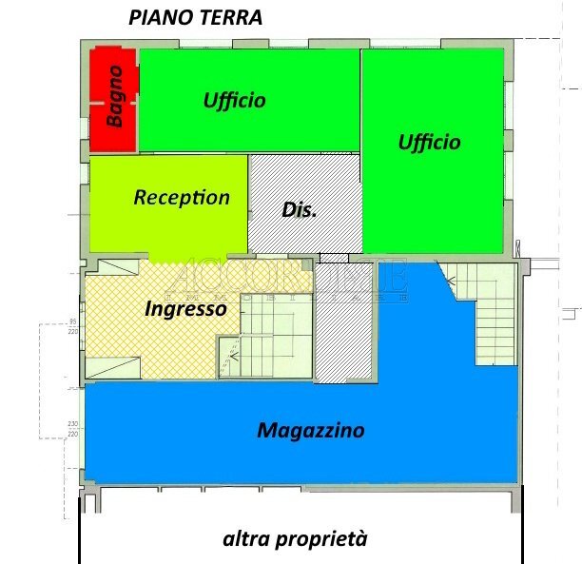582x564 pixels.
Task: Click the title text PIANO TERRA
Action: [195, 18]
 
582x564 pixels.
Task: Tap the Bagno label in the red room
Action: [115, 96]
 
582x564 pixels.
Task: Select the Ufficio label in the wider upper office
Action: [234, 100]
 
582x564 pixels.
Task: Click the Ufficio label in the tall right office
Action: [429, 142]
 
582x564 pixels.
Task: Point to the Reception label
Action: [182, 198]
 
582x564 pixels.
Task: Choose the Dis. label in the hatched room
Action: [299, 210]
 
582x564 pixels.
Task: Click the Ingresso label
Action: [185, 308]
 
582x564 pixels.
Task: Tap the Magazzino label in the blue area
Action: [310, 431]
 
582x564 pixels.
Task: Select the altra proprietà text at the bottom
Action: [294, 539]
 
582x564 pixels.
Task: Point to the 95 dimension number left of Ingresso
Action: [72, 321]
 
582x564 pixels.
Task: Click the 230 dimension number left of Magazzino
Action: [72, 424]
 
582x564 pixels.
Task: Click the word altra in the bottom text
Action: [245, 539]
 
